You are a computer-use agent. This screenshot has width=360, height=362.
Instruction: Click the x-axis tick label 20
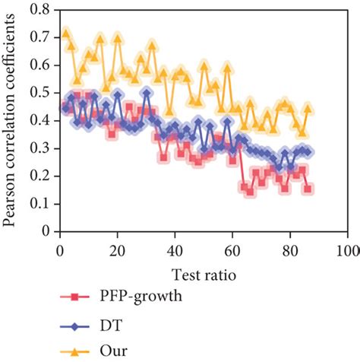117,249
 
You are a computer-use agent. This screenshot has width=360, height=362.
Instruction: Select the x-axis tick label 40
175,249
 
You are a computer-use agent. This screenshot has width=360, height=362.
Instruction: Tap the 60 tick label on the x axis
232,249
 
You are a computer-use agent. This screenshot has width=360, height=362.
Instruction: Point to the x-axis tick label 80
290,249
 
